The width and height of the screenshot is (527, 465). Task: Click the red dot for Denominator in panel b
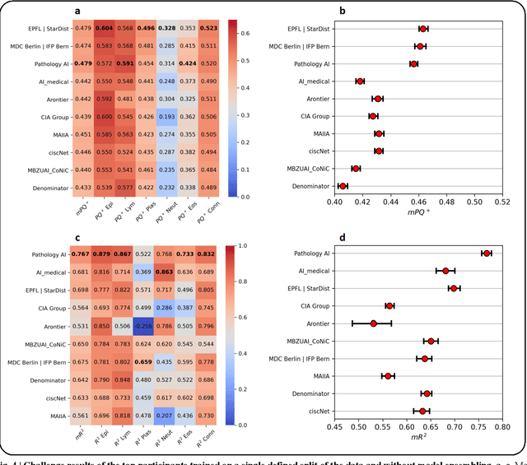(x=343, y=186)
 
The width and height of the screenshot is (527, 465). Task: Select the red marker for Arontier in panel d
(x=373, y=323)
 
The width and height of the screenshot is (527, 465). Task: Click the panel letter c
(x=77, y=239)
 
